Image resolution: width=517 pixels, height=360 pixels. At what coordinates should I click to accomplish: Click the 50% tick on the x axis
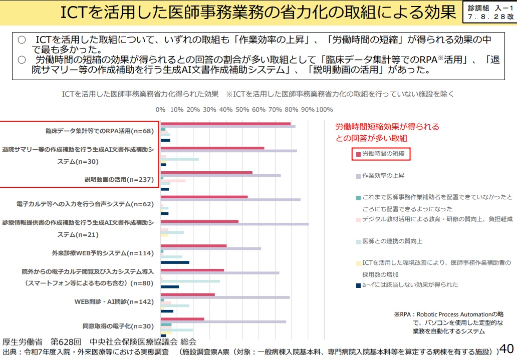click(x=242, y=109)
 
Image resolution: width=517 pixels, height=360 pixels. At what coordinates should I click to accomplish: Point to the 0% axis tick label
click(x=160, y=109)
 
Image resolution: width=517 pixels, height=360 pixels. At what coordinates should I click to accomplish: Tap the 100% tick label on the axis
click(x=325, y=109)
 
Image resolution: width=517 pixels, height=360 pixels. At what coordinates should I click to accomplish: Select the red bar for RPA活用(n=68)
click(x=225, y=124)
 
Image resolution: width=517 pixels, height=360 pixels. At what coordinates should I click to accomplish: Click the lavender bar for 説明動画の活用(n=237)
click(x=220, y=175)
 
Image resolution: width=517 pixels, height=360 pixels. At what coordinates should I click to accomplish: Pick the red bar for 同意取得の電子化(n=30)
click(x=182, y=319)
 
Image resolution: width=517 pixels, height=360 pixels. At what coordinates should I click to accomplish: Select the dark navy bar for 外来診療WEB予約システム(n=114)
click(x=175, y=262)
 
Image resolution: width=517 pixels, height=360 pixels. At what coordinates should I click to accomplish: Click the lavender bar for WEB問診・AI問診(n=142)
click(x=225, y=297)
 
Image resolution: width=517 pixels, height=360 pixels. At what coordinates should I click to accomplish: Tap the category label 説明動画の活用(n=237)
click(x=119, y=179)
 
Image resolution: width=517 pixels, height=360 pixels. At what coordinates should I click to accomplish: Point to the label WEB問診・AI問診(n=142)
click(x=114, y=301)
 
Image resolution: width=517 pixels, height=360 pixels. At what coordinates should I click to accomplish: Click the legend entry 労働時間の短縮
click(x=383, y=154)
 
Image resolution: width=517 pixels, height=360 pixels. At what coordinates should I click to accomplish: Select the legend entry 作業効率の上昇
click(x=383, y=176)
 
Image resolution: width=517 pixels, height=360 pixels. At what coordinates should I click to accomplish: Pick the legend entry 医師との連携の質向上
click(x=392, y=241)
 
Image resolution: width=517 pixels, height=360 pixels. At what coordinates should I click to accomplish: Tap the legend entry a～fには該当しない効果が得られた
click(x=410, y=285)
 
